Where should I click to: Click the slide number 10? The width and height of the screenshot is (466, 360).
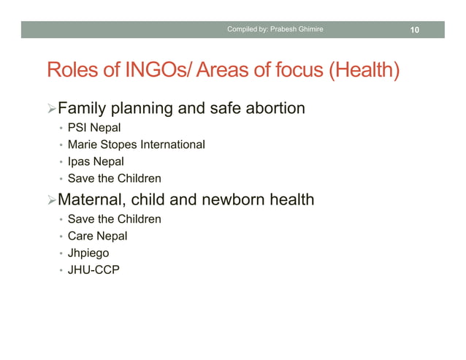coord(414,29)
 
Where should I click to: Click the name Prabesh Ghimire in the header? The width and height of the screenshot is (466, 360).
coord(297,29)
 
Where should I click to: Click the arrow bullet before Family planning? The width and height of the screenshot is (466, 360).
coord(51,110)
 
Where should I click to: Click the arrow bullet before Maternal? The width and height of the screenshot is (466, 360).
coord(51,199)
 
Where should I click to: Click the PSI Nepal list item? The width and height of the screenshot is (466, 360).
coord(93,129)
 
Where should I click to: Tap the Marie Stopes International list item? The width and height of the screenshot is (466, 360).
coord(136,145)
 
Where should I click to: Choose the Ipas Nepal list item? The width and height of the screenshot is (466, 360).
coord(95,161)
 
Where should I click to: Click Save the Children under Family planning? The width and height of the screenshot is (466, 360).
coord(114,178)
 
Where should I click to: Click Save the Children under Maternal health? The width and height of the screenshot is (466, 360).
coord(114,219)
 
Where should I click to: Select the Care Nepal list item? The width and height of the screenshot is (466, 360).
coord(97,236)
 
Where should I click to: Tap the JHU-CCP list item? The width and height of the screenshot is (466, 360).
coord(93,270)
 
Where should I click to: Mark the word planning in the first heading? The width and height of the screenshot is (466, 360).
coord(140,110)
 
